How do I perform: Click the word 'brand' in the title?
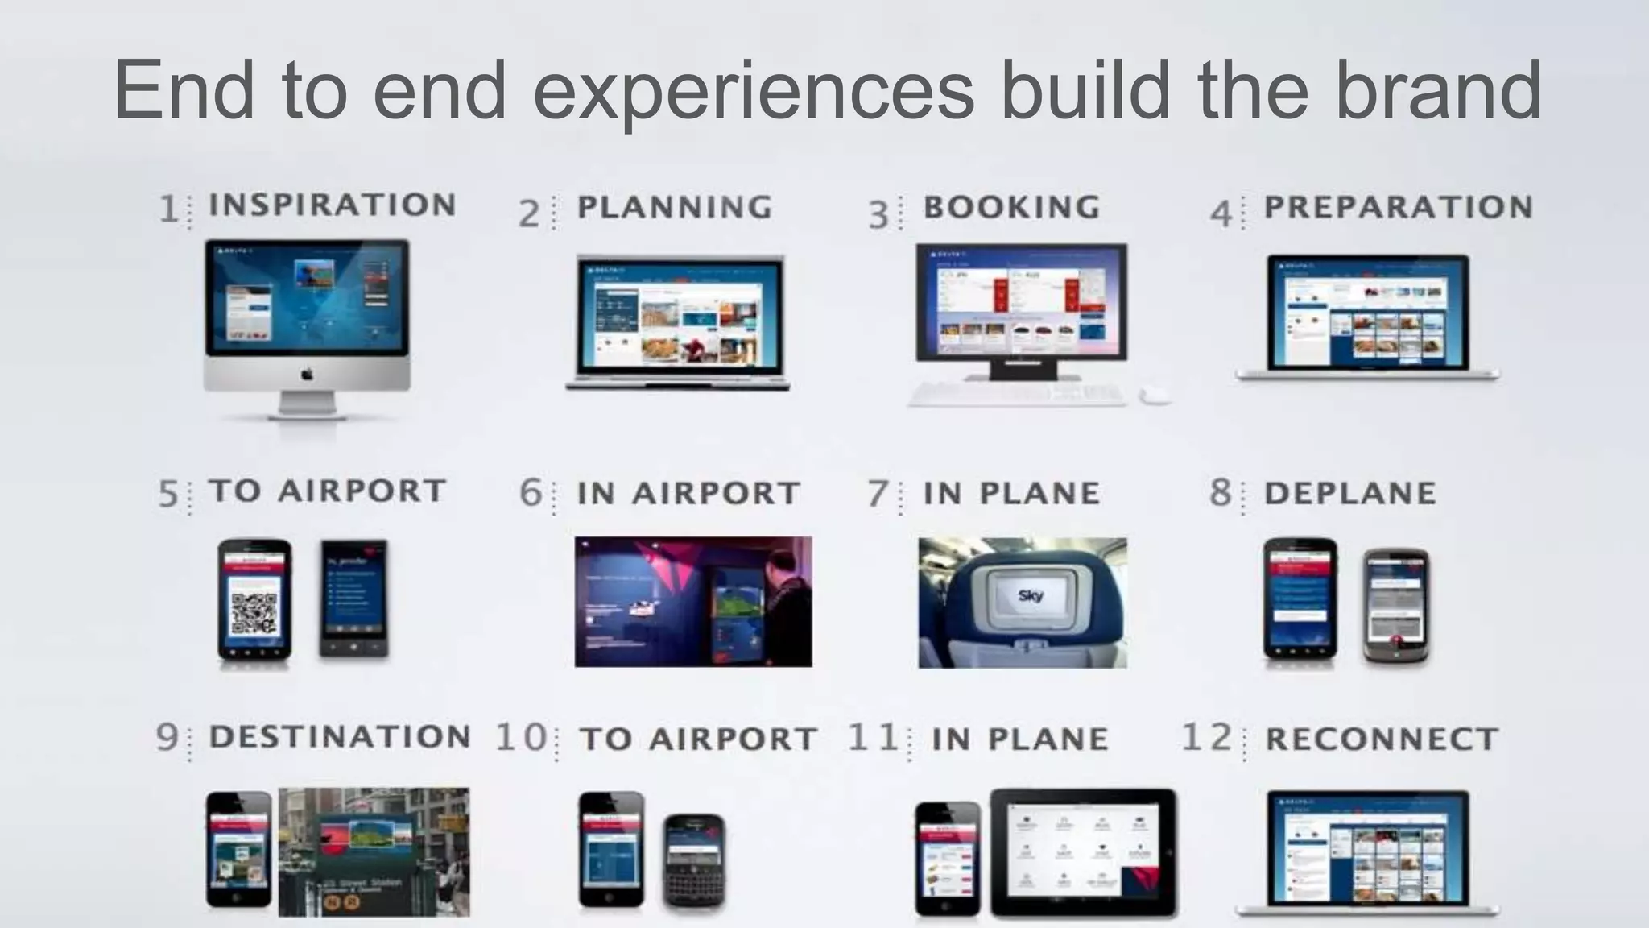pyautogui.click(x=1437, y=90)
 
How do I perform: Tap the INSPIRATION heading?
pyautogui.click(x=333, y=205)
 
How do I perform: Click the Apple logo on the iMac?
pyautogui.click(x=307, y=375)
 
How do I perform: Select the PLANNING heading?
pyautogui.click(x=675, y=207)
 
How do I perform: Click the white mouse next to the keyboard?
pyautogui.click(x=1155, y=395)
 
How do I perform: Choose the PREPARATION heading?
pyautogui.click(x=1399, y=207)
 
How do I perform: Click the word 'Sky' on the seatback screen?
pyautogui.click(x=1031, y=596)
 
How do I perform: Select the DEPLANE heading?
pyautogui.click(x=1350, y=493)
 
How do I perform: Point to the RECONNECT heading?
pyautogui.click(x=1382, y=739)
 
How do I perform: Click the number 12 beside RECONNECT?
pyautogui.click(x=1206, y=737)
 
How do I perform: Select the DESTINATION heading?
pyautogui.click(x=340, y=736)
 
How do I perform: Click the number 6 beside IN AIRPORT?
pyautogui.click(x=531, y=492)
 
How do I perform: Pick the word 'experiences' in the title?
pyautogui.click(x=753, y=90)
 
